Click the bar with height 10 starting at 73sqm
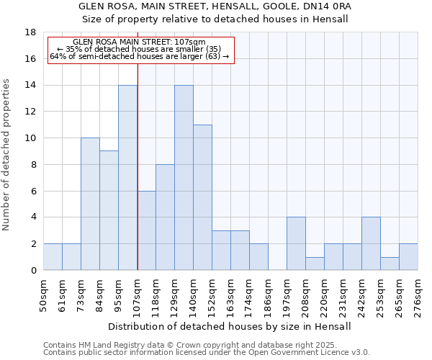pyautogui.click(x=90, y=204)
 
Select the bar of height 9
pyautogui.click(x=109, y=210)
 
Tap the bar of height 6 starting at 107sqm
pyautogui.click(x=146, y=230)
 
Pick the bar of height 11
pyautogui.click(x=202, y=197)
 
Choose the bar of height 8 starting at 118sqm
pyautogui.click(x=165, y=217)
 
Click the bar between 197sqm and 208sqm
pyautogui.click(x=296, y=243)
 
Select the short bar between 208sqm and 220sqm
pyautogui.click(x=315, y=264)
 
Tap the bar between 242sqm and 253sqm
pyautogui.click(x=371, y=243)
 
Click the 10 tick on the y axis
pyautogui.click(x=30, y=138)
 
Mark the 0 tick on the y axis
pyautogui.click(x=33, y=271)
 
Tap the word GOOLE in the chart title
pyautogui.click(x=284, y=6)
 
